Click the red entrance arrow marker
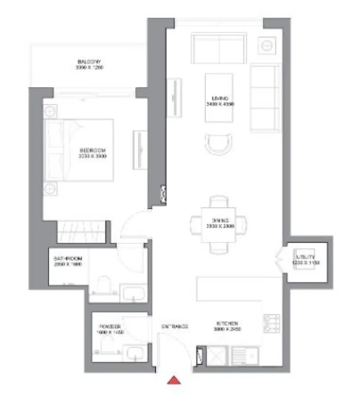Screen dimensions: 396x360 pos(174,381)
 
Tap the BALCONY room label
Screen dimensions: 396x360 pos(90,64)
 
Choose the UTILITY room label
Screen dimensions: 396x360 pos(306,260)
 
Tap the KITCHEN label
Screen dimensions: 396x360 pos(227,326)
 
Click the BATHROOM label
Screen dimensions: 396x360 pos(68,261)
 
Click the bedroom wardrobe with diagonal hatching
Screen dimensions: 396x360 pos(83,232)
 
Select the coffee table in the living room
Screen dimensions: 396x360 pos(219,98)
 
